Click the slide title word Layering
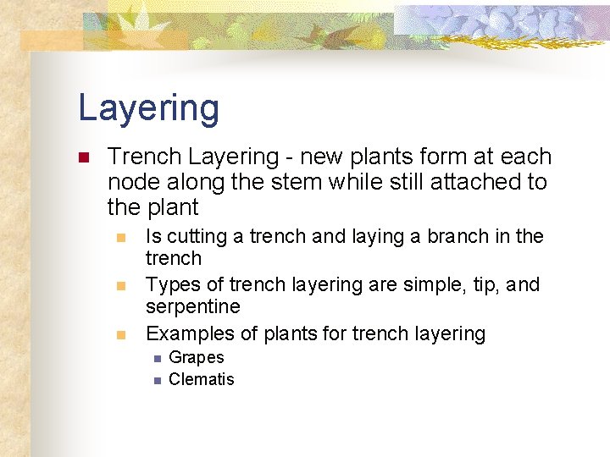148,108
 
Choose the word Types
171,284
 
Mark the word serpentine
193,306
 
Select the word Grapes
197,358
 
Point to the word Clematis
202,379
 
